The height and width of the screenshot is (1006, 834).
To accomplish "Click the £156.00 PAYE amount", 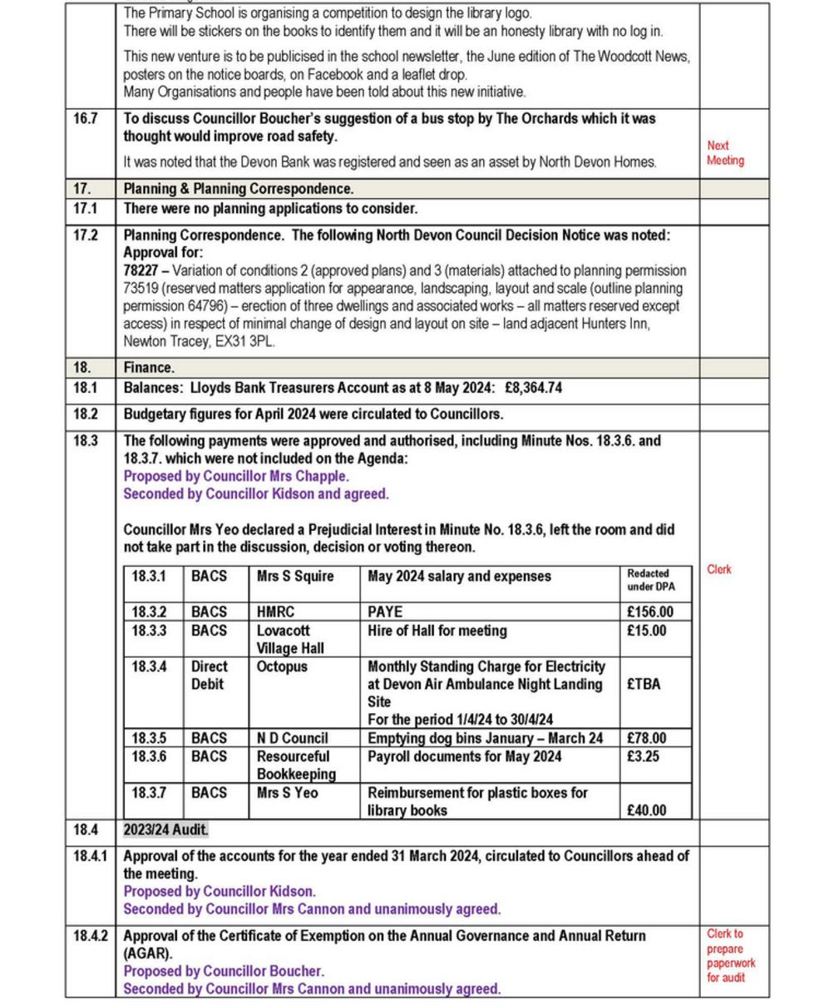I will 649,612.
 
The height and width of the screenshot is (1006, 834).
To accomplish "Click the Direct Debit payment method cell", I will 209,676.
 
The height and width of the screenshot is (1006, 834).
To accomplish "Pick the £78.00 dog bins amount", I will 646,739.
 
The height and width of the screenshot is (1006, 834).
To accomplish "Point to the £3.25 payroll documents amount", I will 642,757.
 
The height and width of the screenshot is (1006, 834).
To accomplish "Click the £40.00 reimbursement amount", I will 646,810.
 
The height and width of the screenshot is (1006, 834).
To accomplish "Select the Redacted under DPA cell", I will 651,580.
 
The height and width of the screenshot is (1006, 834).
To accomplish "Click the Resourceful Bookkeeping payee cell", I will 296,766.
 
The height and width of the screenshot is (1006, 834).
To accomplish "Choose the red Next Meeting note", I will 725,153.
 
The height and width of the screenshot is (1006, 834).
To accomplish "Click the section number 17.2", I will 85,235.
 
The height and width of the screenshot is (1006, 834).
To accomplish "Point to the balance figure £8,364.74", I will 533,388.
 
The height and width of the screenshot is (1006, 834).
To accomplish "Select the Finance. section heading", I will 150,368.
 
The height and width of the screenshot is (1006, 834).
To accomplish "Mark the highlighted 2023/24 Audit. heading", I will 166,830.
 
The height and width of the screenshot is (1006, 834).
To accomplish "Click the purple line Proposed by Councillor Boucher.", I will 224,971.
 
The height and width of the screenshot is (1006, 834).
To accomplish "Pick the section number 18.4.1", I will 90,856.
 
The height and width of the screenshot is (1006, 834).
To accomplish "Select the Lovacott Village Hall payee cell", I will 290,640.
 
